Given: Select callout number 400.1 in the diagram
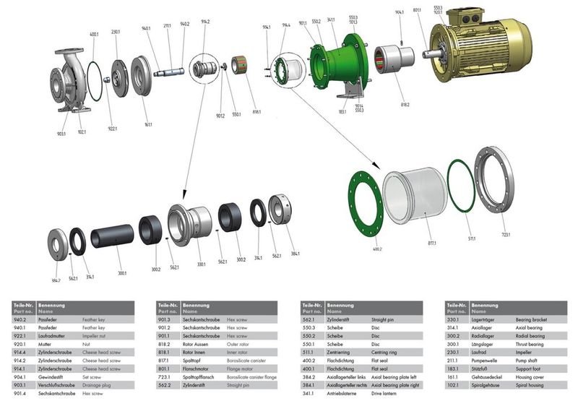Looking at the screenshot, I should [x=94, y=34].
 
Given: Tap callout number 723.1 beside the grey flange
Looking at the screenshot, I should [x=506, y=235].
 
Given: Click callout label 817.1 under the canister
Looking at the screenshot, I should [x=433, y=243].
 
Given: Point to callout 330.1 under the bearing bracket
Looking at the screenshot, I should [x=202, y=264].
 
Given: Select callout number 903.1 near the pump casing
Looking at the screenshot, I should [x=61, y=134].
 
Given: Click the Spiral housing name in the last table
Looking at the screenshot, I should [x=531, y=386].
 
